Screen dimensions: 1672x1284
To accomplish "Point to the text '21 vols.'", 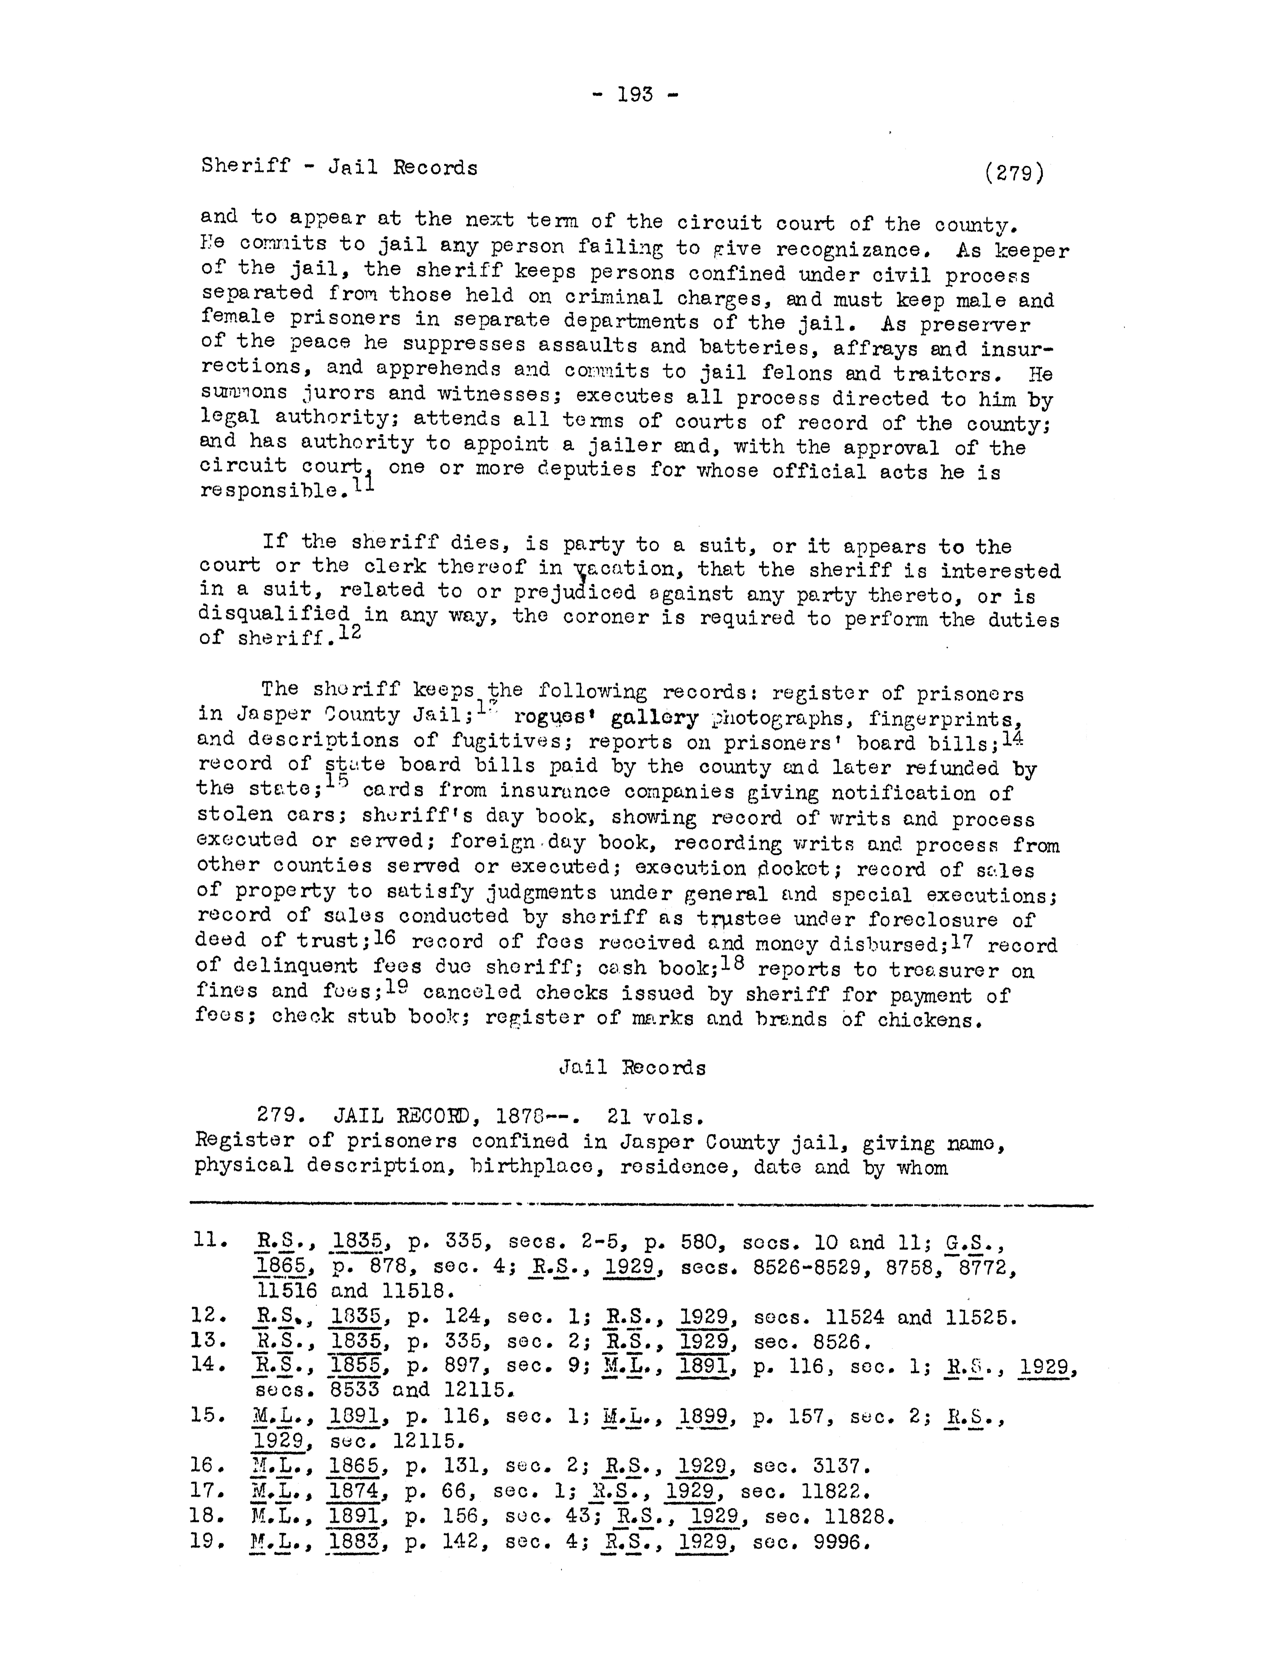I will (x=655, y=1117).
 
